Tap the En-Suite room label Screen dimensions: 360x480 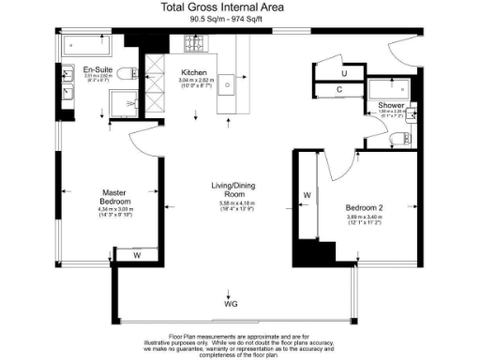pyautogui.click(x=97, y=70)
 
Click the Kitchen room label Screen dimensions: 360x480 pyautogui.click(x=195, y=71)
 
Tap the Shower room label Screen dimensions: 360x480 pyautogui.click(x=392, y=106)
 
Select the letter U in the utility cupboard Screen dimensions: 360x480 pyautogui.click(x=344, y=72)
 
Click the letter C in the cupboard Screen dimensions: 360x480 pyautogui.click(x=339, y=90)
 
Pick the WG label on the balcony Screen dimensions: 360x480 pyautogui.click(x=231, y=305)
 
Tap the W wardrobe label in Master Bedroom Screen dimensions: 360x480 pyautogui.click(x=136, y=254)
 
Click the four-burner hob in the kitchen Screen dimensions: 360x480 pyautogui.click(x=194, y=43)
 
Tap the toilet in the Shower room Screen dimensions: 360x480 pyautogui.click(x=396, y=140)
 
